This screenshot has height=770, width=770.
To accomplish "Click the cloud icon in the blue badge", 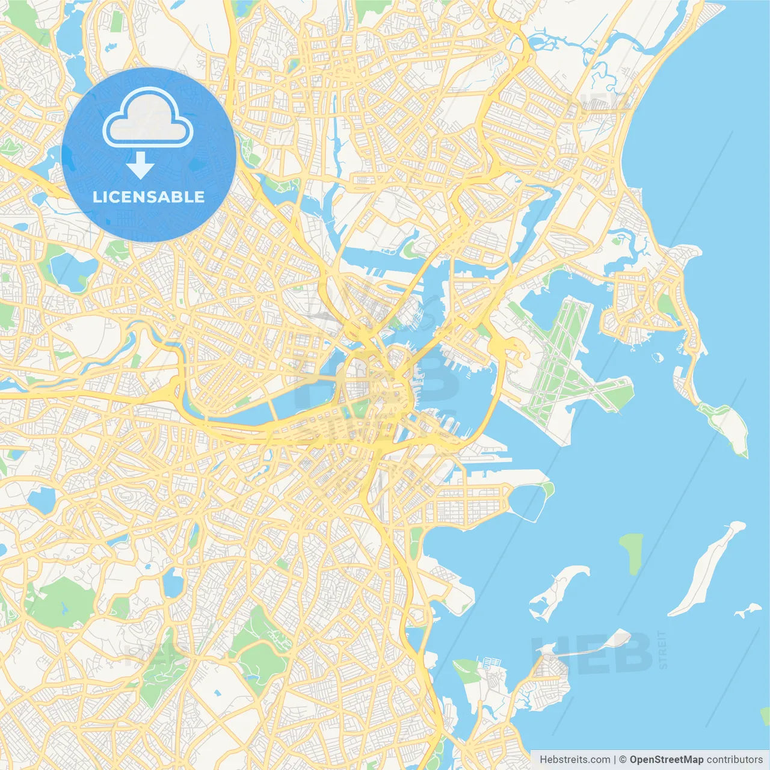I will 147,118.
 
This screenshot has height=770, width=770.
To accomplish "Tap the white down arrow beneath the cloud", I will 140,165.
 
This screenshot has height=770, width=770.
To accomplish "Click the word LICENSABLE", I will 149,197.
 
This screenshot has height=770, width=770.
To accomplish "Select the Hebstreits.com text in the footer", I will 574,760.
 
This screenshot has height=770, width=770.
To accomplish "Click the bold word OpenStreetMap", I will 666,760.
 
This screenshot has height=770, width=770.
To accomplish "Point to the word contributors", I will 735,760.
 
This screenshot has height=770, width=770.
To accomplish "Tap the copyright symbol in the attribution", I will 623,760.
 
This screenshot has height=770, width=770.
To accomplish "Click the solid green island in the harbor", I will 631,552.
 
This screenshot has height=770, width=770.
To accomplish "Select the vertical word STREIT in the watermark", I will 662,650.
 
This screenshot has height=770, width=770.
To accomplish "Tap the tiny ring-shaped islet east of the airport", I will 657,357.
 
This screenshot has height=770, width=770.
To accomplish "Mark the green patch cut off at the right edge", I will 765,716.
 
